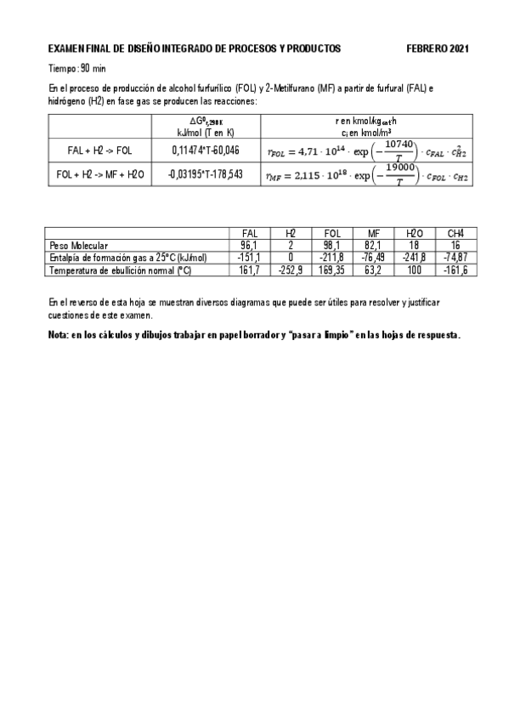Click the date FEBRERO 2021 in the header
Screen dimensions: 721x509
point(437,49)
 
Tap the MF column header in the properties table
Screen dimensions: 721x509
point(373,234)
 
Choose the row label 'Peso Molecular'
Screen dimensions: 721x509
point(79,245)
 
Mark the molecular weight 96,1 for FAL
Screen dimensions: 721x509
point(250,245)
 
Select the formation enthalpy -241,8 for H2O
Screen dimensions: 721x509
point(415,258)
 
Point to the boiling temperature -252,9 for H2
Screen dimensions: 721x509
point(291,270)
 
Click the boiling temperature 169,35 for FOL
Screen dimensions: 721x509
point(332,270)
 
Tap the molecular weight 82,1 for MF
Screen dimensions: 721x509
point(373,245)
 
